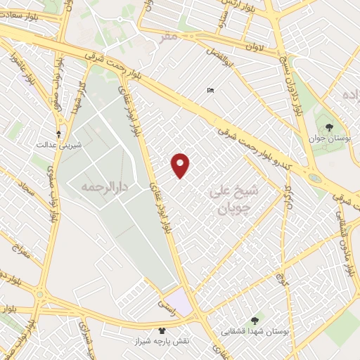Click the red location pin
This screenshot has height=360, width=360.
coord(181,165)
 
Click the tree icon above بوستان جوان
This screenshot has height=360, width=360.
coord(329,127)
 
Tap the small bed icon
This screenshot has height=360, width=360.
coord(210,90)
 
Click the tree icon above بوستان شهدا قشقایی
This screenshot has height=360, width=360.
coord(255,321)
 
